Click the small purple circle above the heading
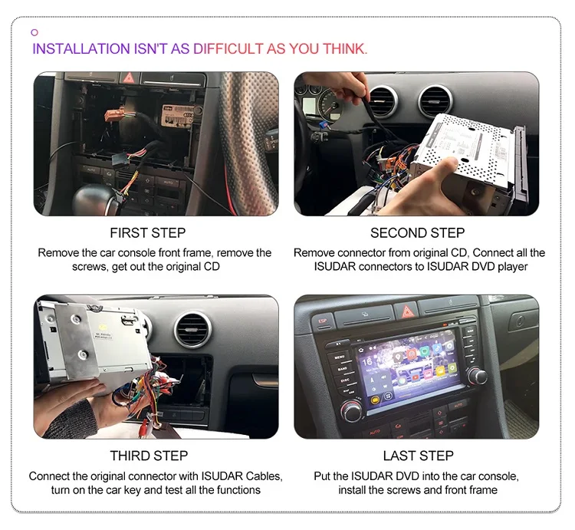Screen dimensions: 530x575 click(34, 32)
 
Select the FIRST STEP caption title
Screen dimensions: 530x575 click(148, 232)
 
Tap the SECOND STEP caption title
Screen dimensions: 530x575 click(419, 232)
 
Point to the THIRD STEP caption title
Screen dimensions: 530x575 click(148, 456)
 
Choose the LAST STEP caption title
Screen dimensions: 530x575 click(419, 456)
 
